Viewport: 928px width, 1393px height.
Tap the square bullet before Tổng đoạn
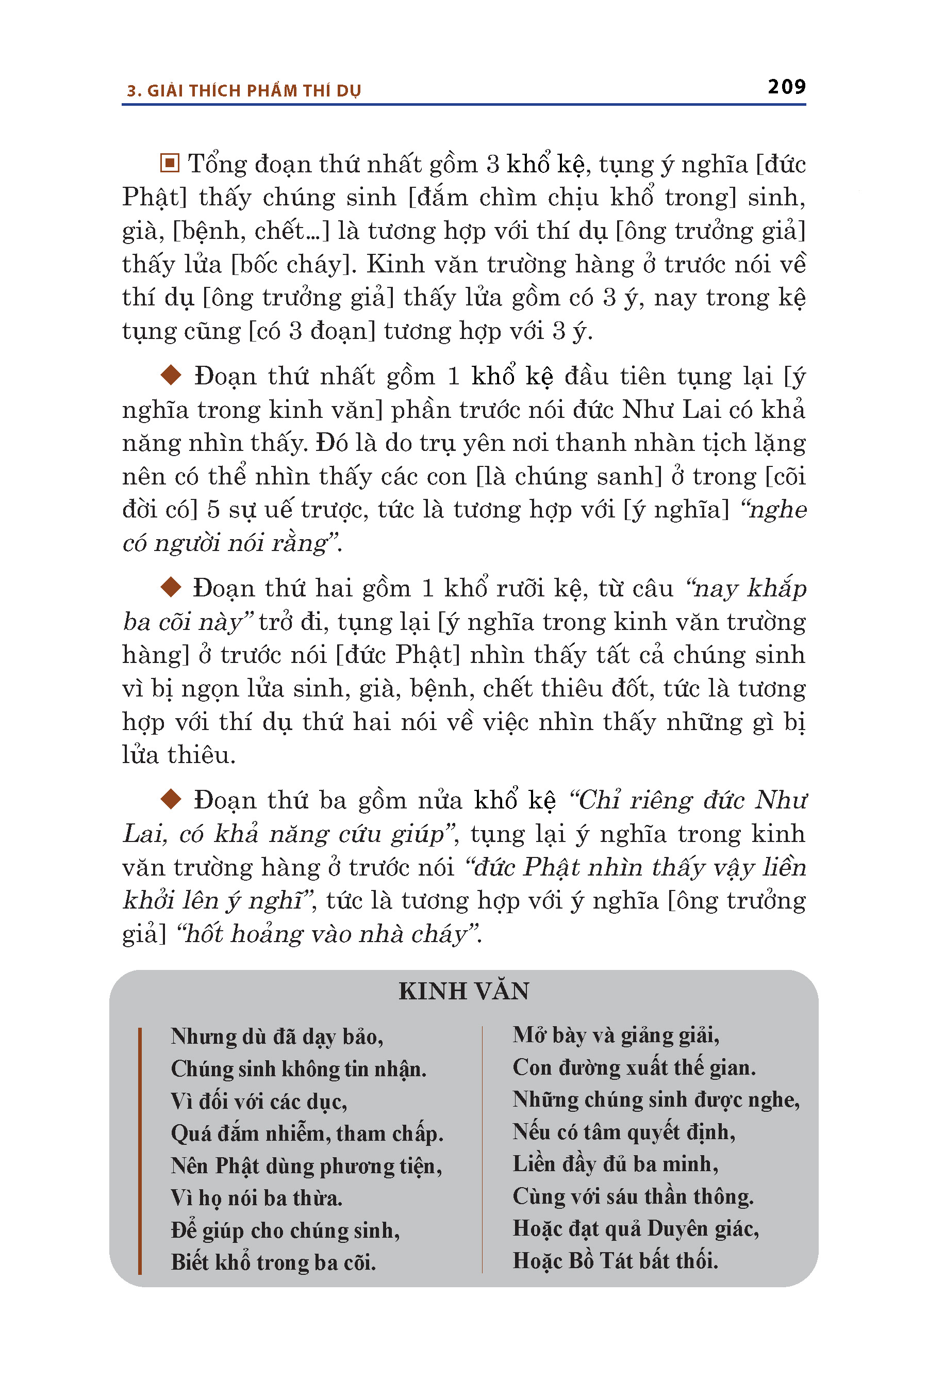click(170, 163)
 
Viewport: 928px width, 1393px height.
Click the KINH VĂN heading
click(463, 991)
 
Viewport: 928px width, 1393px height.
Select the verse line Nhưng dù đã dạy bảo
click(277, 1036)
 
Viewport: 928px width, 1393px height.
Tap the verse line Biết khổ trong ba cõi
click(273, 1262)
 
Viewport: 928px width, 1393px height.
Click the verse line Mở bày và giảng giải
click(616, 1034)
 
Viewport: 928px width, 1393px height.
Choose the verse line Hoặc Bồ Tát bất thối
click(615, 1260)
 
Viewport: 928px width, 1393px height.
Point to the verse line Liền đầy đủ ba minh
click(615, 1164)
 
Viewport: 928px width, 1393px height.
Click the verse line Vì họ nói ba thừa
click(256, 1197)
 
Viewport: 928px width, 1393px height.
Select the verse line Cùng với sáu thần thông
click(633, 1196)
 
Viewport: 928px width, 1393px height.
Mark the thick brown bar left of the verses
click(140, 1149)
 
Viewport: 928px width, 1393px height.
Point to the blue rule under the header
click(463, 105)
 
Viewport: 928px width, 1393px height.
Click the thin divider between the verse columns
click(483, 1149)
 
